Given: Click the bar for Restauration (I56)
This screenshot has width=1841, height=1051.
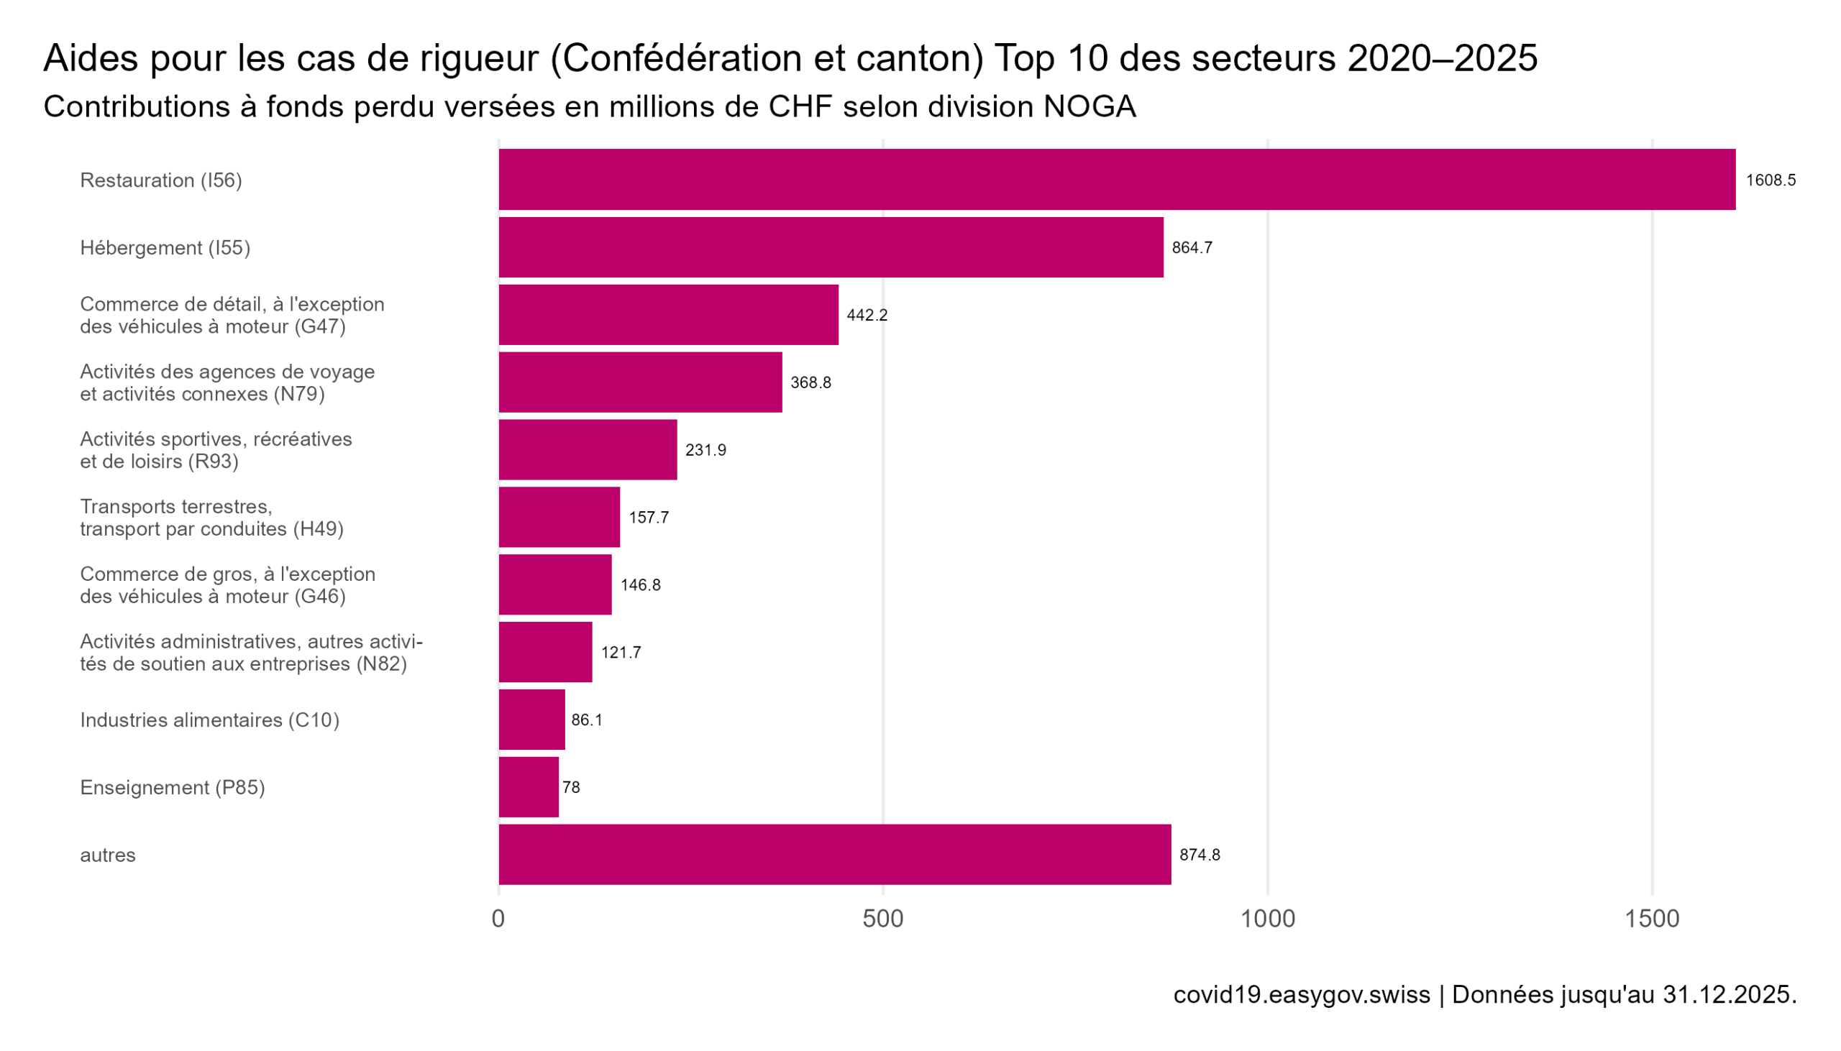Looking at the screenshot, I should coord(1115,180).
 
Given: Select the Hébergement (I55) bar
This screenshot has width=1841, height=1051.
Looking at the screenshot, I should coord(831,247).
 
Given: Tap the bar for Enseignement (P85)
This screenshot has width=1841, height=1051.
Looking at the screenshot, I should coord(529,786).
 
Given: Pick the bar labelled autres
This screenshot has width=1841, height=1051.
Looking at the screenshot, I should coord(834,855).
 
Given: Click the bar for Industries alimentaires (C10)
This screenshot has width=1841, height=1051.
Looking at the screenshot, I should coord(531,720).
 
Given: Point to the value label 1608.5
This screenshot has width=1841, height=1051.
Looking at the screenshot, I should coord(1770,180).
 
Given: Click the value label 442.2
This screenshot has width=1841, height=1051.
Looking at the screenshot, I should coord(867,316).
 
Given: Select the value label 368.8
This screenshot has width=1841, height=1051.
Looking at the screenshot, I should coord(810,382).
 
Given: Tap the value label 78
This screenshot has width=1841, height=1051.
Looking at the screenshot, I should coord(571,787).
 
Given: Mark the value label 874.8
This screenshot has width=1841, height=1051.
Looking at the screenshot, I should coord(1200,855).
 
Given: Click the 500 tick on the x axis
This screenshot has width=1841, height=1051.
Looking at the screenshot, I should coord(882,919).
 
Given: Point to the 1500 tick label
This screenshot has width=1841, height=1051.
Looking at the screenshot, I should coord(1651,919).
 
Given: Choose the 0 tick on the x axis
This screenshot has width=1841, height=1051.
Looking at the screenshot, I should coord(498,919).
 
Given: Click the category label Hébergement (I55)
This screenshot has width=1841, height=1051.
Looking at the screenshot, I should coord(165,248).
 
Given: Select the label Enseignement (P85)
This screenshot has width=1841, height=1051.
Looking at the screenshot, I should coord(173,787).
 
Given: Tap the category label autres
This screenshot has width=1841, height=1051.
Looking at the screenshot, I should coord(108,855).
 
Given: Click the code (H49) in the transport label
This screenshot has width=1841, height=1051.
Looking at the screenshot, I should coord(318,529).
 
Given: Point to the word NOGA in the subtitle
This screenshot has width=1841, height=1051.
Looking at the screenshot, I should coord(1089,107).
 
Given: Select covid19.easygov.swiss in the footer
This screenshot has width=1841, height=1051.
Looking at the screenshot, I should coord(1301,996).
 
